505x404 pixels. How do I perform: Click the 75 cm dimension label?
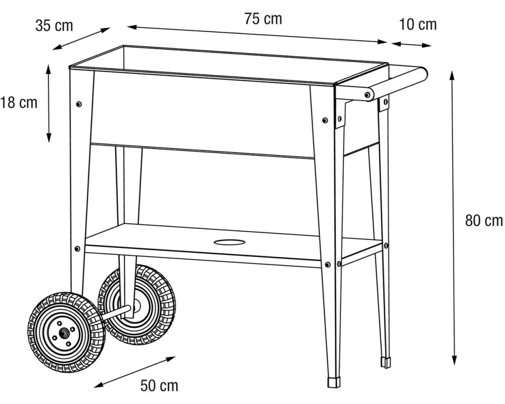[263, 18]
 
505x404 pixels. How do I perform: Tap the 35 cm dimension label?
[54, 25]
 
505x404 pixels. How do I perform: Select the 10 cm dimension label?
[418, 24]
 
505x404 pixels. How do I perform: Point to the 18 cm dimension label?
[19, 103]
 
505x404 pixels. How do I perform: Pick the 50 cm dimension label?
[159, 385]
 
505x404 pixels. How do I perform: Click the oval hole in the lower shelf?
[229, 242]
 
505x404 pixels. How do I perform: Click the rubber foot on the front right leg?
[334, 382]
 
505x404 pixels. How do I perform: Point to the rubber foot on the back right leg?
[386, 362]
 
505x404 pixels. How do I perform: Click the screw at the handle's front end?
[367, 95]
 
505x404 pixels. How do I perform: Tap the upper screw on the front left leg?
[79, 104]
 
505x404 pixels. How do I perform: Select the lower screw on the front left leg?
[77, 249]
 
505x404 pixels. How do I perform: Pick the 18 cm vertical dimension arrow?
[48, 103]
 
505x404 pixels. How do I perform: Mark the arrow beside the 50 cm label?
[134, 372]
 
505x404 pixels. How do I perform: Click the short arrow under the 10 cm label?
[411, 44]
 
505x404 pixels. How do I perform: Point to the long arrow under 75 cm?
[257, 34]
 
